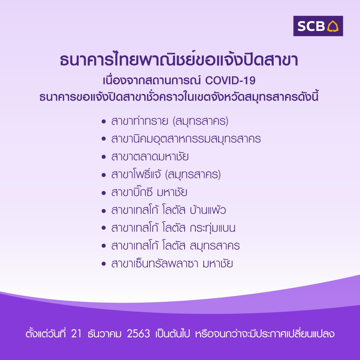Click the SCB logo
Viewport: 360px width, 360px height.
pyautogui.click(x=318, y=26)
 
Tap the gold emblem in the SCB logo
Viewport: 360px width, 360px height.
pyautogui.click(x=333, y=26)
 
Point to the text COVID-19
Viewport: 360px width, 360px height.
pyautogui.click(x=230, y=80)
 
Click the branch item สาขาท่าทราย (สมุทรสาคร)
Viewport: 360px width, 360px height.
pyautogui.click(x=170, y=121)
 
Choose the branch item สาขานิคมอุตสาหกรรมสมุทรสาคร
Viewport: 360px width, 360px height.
pyautogui.click(x=186, y=139)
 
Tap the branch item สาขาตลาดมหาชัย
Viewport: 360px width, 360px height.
pyautogui.click(x=150, y=157)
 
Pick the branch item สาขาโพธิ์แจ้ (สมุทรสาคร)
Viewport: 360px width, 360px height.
pyautogui.click(x=166, y=174)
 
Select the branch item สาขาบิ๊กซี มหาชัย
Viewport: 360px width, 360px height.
pyautogui.click(x=149, y=192)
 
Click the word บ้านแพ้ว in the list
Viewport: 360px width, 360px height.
pyautogui.click(x=208, y=210)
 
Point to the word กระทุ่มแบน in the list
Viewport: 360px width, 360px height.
pyautogui.click(x=213, y=228)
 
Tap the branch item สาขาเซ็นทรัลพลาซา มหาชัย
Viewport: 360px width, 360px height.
pyautogui.click(x=172, y=263)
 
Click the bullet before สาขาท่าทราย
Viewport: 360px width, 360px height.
pyautogui.click(x=104, y=121)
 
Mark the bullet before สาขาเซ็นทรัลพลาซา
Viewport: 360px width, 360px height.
pyautogui.click(x=104, y=264)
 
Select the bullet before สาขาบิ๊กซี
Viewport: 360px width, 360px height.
pyautogui.click(x=104, y=193)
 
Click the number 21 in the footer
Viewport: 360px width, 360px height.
pyautogui.click(x=76, y=334)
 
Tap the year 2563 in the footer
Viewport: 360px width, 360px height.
pyautogui.click(x=138, y=334)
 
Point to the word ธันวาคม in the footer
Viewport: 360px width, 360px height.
pyautogui.click(x=104, y=333)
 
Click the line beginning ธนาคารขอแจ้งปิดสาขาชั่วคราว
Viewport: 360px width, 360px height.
pyautogui.click(x=179, y=97)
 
